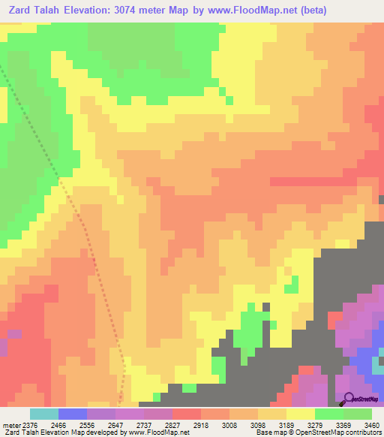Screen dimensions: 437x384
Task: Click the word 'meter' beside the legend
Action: [x=10, y=425]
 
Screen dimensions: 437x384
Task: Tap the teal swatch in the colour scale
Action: [x=43, y=414]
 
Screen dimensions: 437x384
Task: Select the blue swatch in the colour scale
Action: [x=72, y=414]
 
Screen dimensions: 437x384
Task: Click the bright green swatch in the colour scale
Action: [x=329, y=414]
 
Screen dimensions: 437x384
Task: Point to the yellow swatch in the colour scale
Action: [x=301, y=414]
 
